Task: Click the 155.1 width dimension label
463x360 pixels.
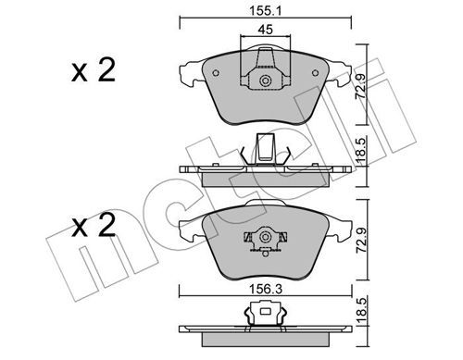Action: (x=266, y=11)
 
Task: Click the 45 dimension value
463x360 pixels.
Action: (x=266, y=30)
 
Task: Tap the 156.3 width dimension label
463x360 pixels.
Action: (x=266, y=290)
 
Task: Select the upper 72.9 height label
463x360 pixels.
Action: (x=361, y=86)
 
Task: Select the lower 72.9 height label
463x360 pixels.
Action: (x=361, y=241)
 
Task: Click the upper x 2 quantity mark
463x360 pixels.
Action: (x=94, y=70)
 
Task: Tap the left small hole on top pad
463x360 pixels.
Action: (x=216, y=73)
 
